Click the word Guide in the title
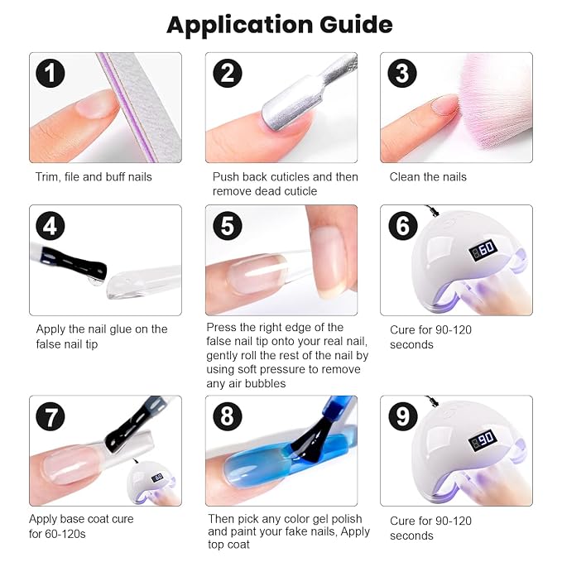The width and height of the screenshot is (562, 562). pos(356,24)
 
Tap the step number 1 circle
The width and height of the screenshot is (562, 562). pos(50,73)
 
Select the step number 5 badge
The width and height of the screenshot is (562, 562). pos(228,226)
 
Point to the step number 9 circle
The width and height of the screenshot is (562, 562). pos(403,416)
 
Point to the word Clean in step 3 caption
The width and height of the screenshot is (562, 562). pos(404,176)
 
